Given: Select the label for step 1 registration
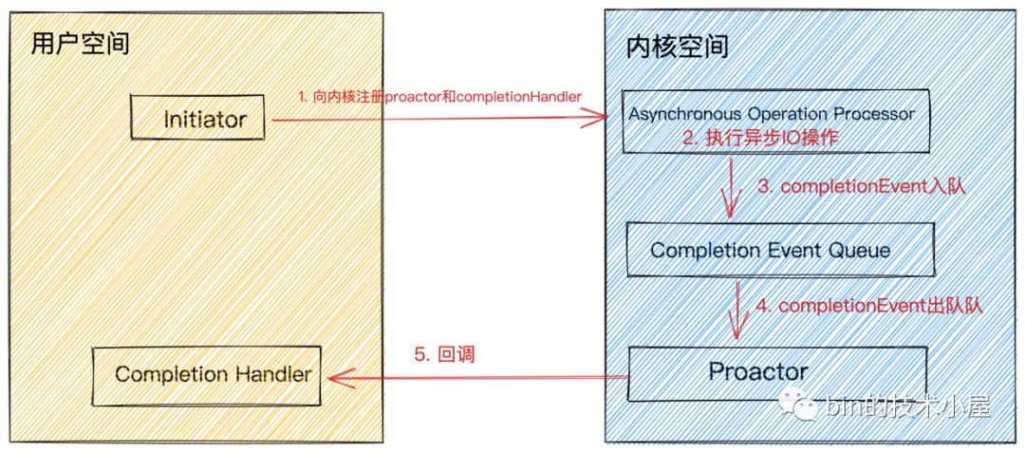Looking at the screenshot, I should point(439,97).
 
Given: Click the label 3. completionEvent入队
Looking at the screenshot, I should point(861,187).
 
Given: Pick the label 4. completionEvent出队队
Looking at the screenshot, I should point(868,306).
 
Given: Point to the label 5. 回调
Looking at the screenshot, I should point(443,355).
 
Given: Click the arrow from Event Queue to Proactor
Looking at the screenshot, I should point(735,309).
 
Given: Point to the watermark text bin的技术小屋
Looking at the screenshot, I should point(906,406).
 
